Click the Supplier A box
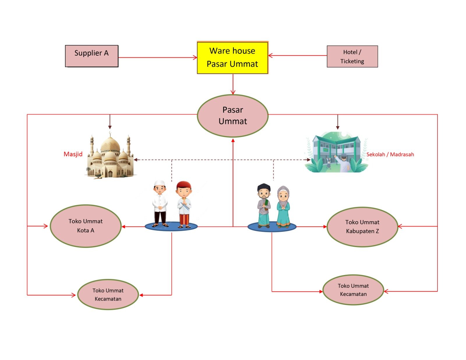pyautogui.click(x=91, y=56)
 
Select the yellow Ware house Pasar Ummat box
pyautogui.click(x=232, y=58)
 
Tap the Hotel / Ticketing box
pyautogui.click(x=352, y=57)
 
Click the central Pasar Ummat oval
pyautogui.click(x=232, y=116)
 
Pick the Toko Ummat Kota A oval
pyautogui.click(x=86, y=226)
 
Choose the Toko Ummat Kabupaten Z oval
pyautogui.click(x=362, y=227)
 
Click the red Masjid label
pyautogui.click(x=73, y=154)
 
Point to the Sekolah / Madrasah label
pyautogui.click(x=390, y=154)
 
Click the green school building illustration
pyautogui.click(x=336, y=153)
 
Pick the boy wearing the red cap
pyautogui.click(x=184, y=204)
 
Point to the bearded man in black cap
pyautogui.click(x=264, y=205)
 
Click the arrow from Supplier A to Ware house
pyautogui.click(x=157, y=58)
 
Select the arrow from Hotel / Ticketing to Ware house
pyautogui.click(x=297, y=55)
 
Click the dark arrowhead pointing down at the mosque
pyautogui.click(x=110, y=127)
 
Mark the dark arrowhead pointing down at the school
pyautogui.click(x=338, y=127)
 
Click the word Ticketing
pyautogui.click(x=352, y=61)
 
